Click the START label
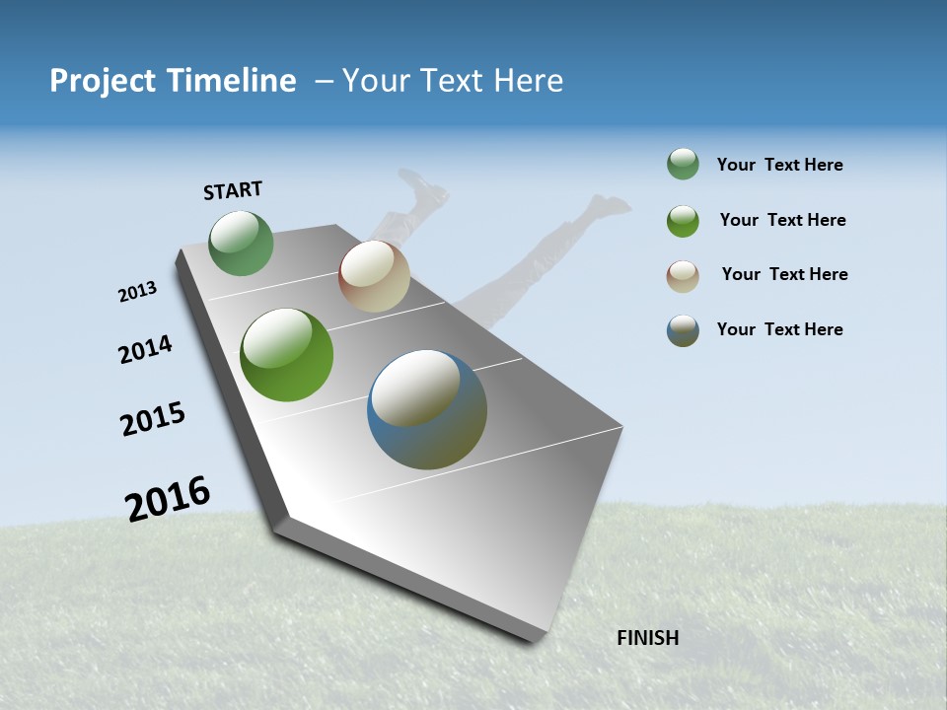[233, 190]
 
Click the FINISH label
[648, 638]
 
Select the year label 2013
[137, 292]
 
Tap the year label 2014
[146, 350]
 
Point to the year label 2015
[153, 419]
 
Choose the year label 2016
[168, 498]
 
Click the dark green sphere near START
[241, 244]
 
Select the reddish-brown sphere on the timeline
[374, 276]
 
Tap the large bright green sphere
[287, 355]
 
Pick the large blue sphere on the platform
[427, 409]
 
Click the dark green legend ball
[683, 164]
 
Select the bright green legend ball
[683, 221]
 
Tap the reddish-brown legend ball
[683, 276]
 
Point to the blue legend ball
[683, 330]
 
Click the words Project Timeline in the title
[173, 81]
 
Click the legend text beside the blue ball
[779, 329]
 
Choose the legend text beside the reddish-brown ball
[784, 274]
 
